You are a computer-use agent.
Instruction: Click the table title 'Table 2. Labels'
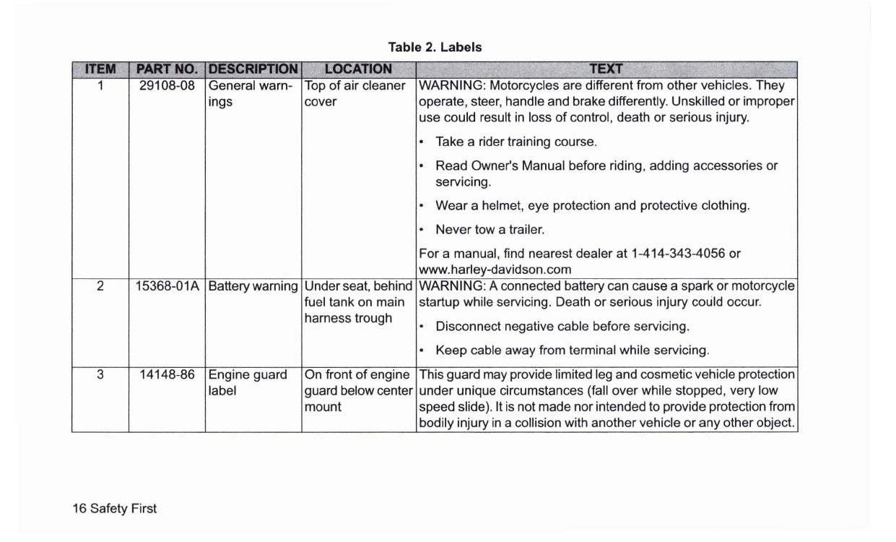pyautogui.click(x=435, y=47)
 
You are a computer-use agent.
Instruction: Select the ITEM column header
pyautogui.click(x=100, y=69)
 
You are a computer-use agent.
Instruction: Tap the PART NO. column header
pyautogui.click(x=167, y=69)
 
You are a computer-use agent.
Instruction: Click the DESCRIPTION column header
pyautogui.click(x=253, y=69)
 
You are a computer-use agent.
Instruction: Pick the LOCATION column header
pyautogui.click(x=358, y=69)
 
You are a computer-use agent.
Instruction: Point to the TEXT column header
pyautogui.click(x=606, y=69)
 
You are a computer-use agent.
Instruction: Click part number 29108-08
pyautogui.click(x=167, y=85)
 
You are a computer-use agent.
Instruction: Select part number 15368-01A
pyautogui.click(x=168, y=286)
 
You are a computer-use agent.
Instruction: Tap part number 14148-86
pyautogui.click(x=167, y=375)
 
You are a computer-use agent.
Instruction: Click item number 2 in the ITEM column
pyautogui.click(x=100, y=286)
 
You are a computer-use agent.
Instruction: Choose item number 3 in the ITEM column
pyautogui.click(x=100, y=375)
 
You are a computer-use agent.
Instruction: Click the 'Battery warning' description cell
pyautogui.click(x=253, y=286)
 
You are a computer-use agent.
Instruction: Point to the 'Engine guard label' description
pyautogui.click(x=246, y=383)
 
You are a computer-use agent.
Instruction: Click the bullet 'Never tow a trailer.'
pyautogui.click(x=490, y=230)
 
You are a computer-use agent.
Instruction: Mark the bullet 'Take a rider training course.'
pyautogui.click(x=516, y=141)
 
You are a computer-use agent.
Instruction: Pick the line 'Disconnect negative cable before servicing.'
pyautogui.click(x=562, y=326)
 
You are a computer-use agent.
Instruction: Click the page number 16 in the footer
pyautogui.click(x=79, y=509)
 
